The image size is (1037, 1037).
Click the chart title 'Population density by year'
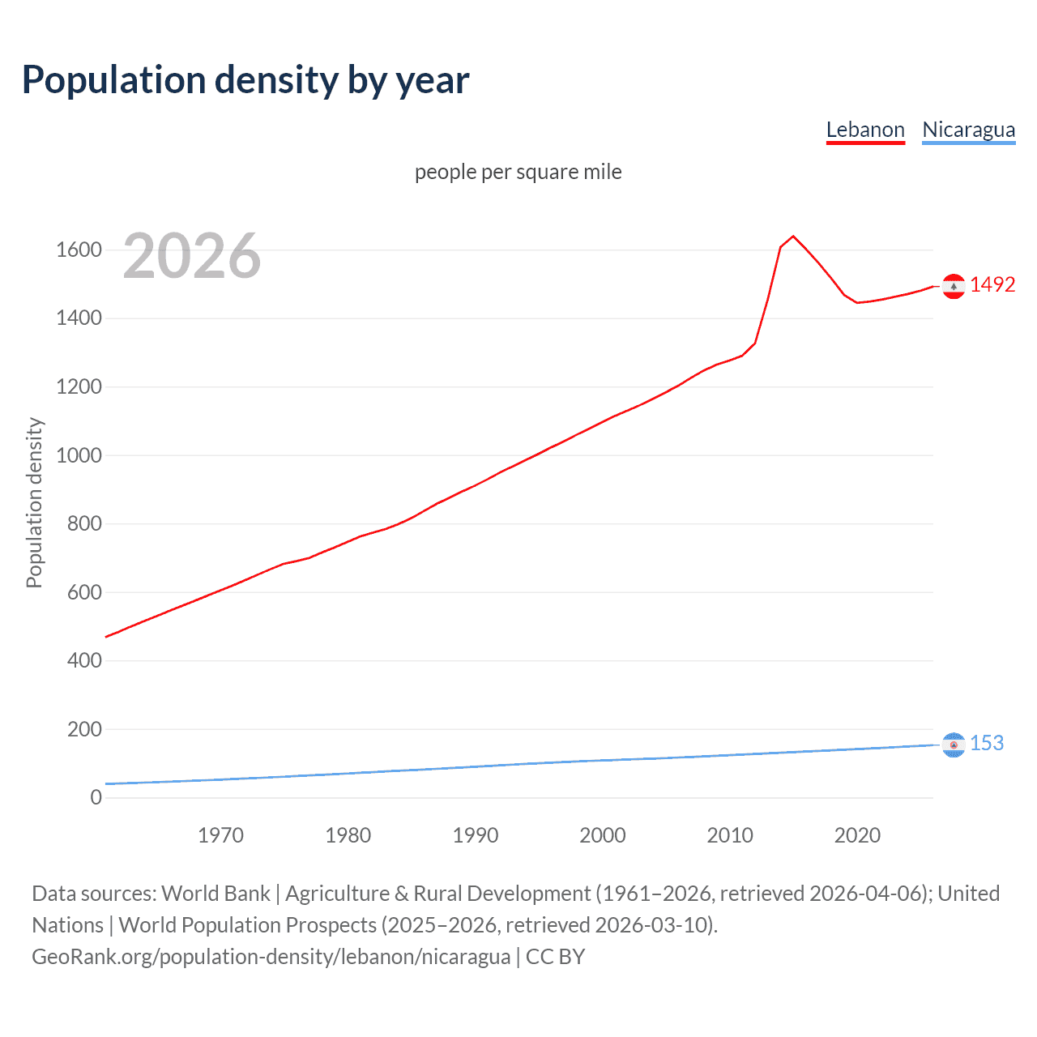(245, 80)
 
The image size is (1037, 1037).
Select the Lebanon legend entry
(865, 130)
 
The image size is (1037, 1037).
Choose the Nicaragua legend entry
(968, 130)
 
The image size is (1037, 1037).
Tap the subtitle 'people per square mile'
(518, 172)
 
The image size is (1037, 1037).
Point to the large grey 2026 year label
(192, 256)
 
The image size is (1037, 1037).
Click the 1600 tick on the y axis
(79, 250)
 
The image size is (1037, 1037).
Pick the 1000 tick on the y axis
(79, 455)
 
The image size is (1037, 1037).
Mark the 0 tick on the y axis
(96, 797)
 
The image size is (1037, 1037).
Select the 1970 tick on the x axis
(220, 835)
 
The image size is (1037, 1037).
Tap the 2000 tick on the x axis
(603, 835)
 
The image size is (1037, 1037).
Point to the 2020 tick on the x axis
(857, 835)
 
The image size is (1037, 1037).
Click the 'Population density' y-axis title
(34, 502)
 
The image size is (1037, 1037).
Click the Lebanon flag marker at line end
(954, 286)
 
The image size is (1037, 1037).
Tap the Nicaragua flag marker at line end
(954, 745)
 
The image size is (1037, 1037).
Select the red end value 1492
(992, 284)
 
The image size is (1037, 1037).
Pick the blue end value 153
(987, 743)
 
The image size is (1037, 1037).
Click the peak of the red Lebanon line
(793, 236)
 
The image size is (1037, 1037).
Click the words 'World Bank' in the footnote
(216, 893)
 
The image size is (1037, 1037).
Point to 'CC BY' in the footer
(555, 956)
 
